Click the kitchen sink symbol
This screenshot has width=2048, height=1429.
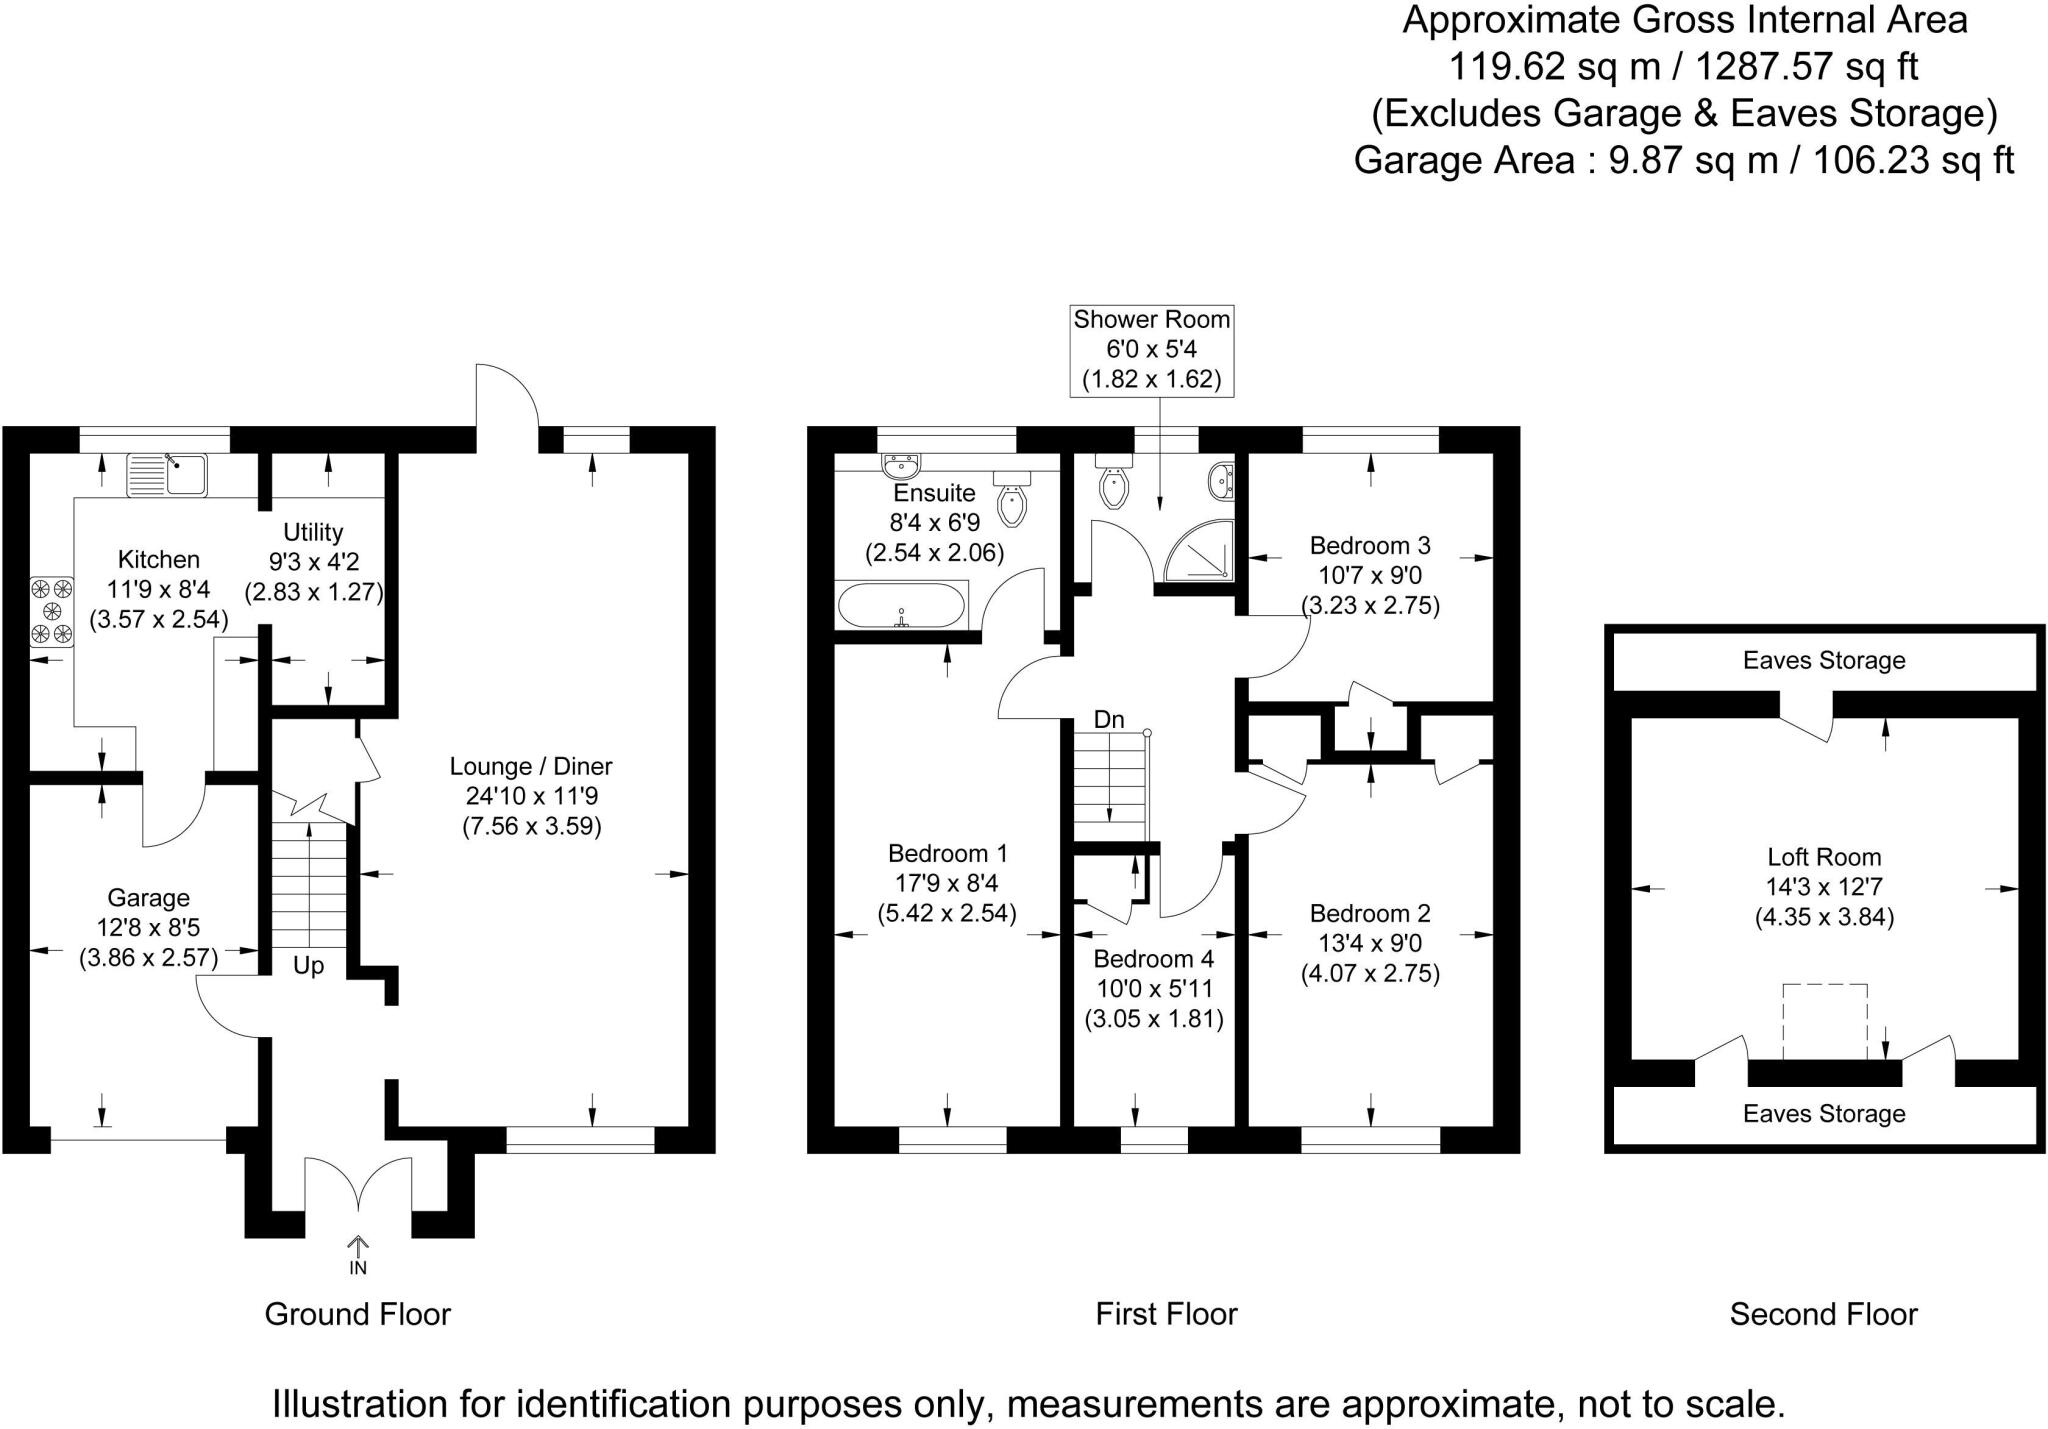coord(166,474)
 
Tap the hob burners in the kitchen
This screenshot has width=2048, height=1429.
coord(52,610)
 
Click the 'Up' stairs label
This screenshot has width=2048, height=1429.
coord(308,966)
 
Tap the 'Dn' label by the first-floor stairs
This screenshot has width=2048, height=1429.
coord(1109,720)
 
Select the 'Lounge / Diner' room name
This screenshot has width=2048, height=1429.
coord(531,767)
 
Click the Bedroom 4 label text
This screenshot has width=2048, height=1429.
coord(1153,959)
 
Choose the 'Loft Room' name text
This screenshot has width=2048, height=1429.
coord(1824,857)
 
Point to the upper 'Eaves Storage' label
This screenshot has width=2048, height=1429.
coord(1824,660)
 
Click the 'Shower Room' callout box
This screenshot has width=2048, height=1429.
coord(1152,350)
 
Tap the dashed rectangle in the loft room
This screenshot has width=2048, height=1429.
coord(1825,1021)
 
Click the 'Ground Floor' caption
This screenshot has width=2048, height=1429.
coord(358,1314)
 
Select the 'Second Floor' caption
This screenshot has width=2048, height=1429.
coord(1823,1314)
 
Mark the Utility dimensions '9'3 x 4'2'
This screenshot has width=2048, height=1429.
coord(314,562)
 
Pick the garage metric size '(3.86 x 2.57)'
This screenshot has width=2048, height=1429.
coord(149,958)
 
